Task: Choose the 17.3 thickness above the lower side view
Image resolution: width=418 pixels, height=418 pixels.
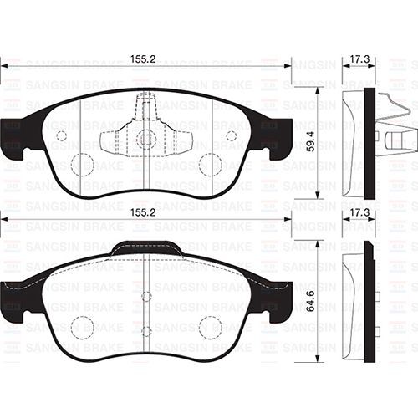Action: [359, 214]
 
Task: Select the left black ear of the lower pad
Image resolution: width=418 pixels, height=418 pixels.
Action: [13, 296]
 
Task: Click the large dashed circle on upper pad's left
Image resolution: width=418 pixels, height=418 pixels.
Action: [82, 164]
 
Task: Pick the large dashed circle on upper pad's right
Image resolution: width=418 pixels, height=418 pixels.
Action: [211, 164]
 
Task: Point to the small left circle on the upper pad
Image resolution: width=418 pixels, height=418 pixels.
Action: [60, 135]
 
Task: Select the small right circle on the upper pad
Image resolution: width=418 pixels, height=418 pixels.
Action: [232, 135]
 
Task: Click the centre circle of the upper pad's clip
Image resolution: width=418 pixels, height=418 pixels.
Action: [146, 139]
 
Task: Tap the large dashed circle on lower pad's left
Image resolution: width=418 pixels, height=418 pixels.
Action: [82, 328]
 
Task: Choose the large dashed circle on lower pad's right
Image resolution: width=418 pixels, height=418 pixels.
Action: [211, 328]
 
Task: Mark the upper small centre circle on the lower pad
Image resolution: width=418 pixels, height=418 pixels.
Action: [146, 296]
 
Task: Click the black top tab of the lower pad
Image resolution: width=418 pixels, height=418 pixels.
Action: [146, 246]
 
